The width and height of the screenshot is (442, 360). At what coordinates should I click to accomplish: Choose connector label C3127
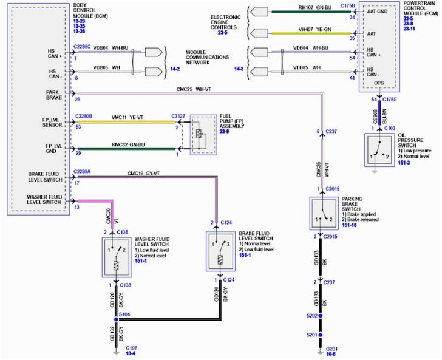pyautogui.click(x=178, y=115)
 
